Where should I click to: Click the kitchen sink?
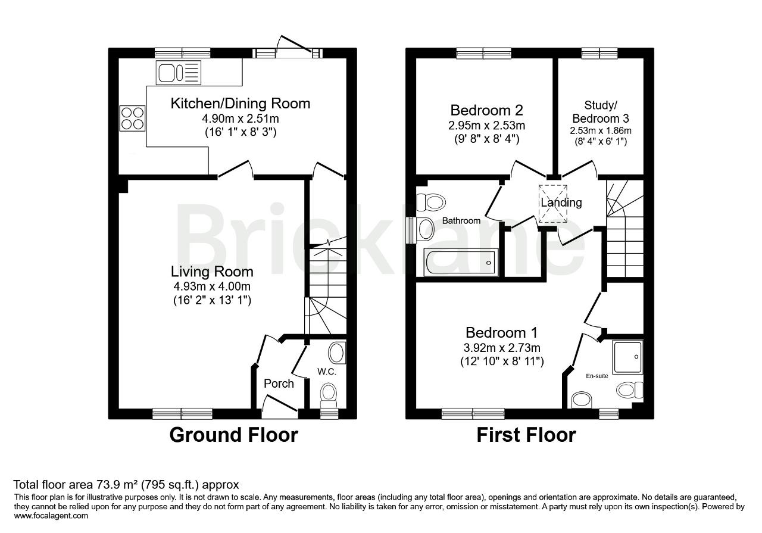point(178,73)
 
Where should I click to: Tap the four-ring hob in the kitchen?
point(132,118)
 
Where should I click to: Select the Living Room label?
point(212,272)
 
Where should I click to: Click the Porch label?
point(279,384)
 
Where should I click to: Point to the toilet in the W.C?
point(329,397)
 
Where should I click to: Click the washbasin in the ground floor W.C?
point(337,353)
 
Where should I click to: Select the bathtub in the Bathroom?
point(461,262)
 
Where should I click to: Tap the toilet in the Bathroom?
point(430,202)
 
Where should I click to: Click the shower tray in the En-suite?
point(627,357)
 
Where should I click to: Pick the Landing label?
point(561,202)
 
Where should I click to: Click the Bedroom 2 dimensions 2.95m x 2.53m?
point(486,125)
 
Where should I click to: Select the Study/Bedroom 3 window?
point(599,53)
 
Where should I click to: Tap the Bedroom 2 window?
point(483,53)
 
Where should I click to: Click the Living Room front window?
point(182,413)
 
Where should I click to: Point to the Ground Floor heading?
point(234,435)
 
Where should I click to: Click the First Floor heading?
point(526,435)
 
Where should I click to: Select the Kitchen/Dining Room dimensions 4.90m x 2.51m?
point(241,119)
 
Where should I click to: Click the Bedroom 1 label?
point(501,332)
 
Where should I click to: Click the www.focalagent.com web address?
point(51,516)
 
